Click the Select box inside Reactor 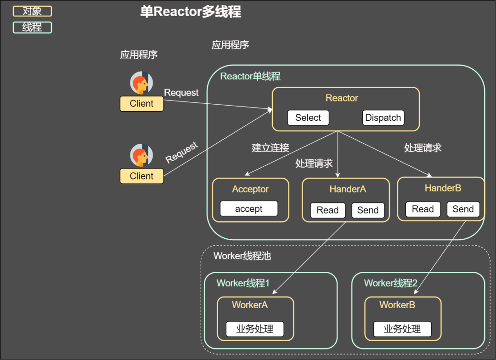[308, 118]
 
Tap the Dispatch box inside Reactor [383, 118]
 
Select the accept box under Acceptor [249, 208]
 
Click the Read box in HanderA [327, 210]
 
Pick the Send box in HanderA [368, 210]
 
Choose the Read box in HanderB [423, 209]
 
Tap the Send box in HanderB [463, 209]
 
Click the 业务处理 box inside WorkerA [255, 329]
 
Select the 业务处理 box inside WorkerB [402, 329]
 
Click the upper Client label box [141, 104]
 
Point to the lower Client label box [141, 176]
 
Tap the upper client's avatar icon [141, 83]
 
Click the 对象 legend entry [32, 11]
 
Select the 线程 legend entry [32, 28]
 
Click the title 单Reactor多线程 [191, 12]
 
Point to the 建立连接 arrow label [271, 148]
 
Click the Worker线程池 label [242, 256]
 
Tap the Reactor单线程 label [250, 76]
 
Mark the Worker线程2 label [391, 283]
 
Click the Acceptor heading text [250, 189]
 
